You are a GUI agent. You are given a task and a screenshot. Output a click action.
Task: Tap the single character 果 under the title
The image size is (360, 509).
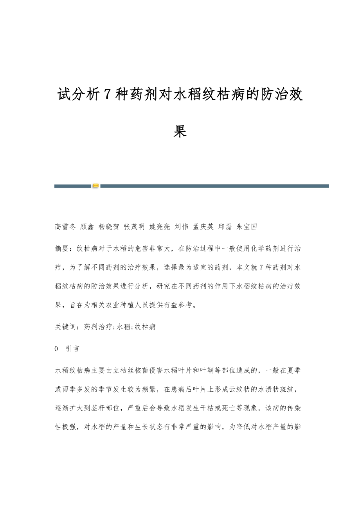click(x=180, y=132)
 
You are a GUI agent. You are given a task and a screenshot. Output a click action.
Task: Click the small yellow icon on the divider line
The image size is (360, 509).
click(x=95, y=186)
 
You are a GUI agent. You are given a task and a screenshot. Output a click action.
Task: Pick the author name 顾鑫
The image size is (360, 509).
click(x=86, y=227)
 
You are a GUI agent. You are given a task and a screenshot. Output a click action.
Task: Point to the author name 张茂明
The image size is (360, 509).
click(x=134, y=227)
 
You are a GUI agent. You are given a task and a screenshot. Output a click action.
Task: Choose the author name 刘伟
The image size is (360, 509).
click(x=181, y=227)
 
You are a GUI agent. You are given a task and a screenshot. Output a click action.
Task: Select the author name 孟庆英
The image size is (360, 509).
click(x=203, y=227)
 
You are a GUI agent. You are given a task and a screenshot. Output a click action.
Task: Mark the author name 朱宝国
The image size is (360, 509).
click(x=247, y=227)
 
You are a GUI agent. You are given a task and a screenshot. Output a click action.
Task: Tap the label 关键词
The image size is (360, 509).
click(x=65, y=327)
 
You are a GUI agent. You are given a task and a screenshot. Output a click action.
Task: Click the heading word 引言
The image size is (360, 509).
click(x=72, y=348)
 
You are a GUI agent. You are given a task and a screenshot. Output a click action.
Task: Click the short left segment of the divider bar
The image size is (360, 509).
click(x=72, y=186)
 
